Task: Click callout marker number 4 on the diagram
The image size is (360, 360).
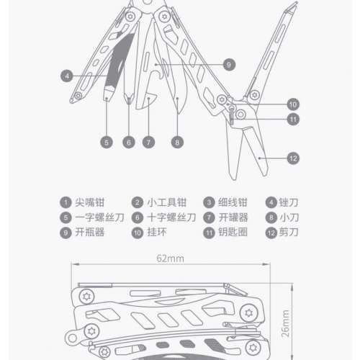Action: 66,74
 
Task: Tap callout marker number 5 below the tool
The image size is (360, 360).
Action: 107,143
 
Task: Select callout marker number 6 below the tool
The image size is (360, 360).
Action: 128,143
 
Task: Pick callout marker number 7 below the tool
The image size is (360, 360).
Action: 149,143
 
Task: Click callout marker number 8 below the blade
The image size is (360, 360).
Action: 177,143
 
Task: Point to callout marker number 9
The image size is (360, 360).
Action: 228,64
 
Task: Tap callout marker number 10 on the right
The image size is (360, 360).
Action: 292,103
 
